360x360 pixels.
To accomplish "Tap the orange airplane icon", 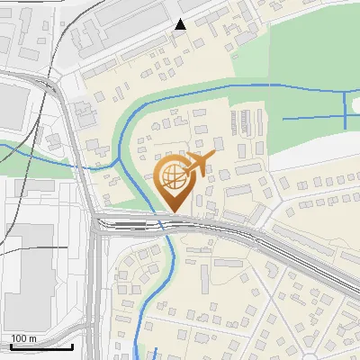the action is pos(199,165).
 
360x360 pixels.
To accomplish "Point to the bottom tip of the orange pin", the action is pos(173,212).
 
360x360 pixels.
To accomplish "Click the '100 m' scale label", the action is pos(24,338).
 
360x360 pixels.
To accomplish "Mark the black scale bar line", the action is pos(41,346).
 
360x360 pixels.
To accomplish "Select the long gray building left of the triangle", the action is pos(130,13).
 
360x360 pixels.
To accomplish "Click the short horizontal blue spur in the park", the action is pos(310,119).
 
